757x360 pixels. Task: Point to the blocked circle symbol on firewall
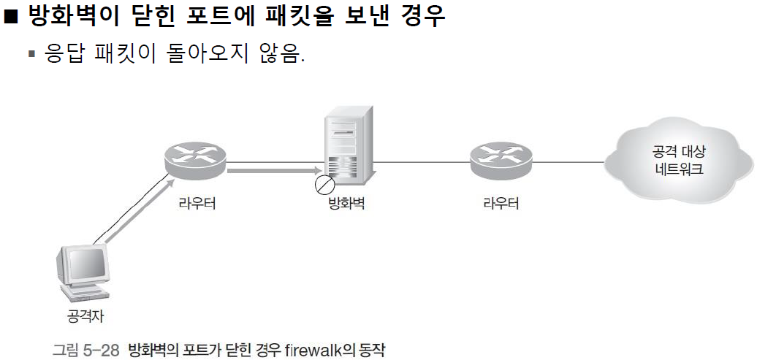(x=322, y=185)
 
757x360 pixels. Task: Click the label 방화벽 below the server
(x=347, y=204)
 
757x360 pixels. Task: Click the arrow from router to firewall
(x=270, y=172)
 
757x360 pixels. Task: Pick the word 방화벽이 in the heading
(x=73, y=16)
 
